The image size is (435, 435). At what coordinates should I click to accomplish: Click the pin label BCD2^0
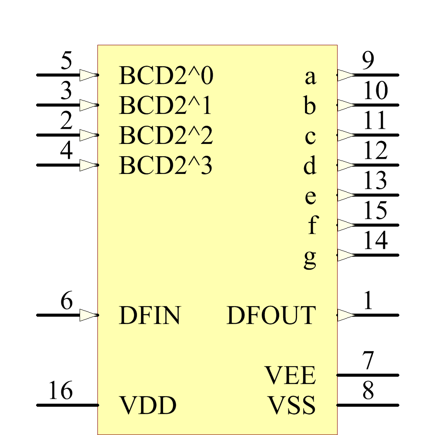point(166,76)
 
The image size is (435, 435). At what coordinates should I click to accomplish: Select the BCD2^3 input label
point(166,166)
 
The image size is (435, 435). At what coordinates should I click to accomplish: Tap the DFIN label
point(149,316)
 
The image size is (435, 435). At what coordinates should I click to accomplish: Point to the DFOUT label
point(271,316)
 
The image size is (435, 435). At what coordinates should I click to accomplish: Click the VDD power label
point(147,405)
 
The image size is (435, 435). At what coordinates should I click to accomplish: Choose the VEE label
point(290,375)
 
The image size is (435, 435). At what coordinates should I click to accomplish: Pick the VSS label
point(291,405)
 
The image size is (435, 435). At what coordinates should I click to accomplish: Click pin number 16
point(60,391)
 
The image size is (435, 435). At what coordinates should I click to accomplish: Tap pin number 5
point(66,61)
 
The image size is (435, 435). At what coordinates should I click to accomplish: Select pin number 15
point(375,211)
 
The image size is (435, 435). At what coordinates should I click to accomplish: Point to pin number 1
point(368,301)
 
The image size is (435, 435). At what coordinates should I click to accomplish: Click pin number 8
point(368,391)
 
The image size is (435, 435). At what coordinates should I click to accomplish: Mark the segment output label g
point(310,259)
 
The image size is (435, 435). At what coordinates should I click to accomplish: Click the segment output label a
point(310,77)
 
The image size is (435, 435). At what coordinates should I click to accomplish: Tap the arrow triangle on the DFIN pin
point(89,315)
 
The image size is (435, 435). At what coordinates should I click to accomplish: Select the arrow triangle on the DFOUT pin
point(346,315)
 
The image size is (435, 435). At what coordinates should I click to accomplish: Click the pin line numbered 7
point(368,375)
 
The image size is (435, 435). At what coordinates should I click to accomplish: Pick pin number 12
point(375,151)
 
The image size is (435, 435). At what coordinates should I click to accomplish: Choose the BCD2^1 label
point(165,106)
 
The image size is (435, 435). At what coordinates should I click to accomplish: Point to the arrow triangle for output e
point(346,195)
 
